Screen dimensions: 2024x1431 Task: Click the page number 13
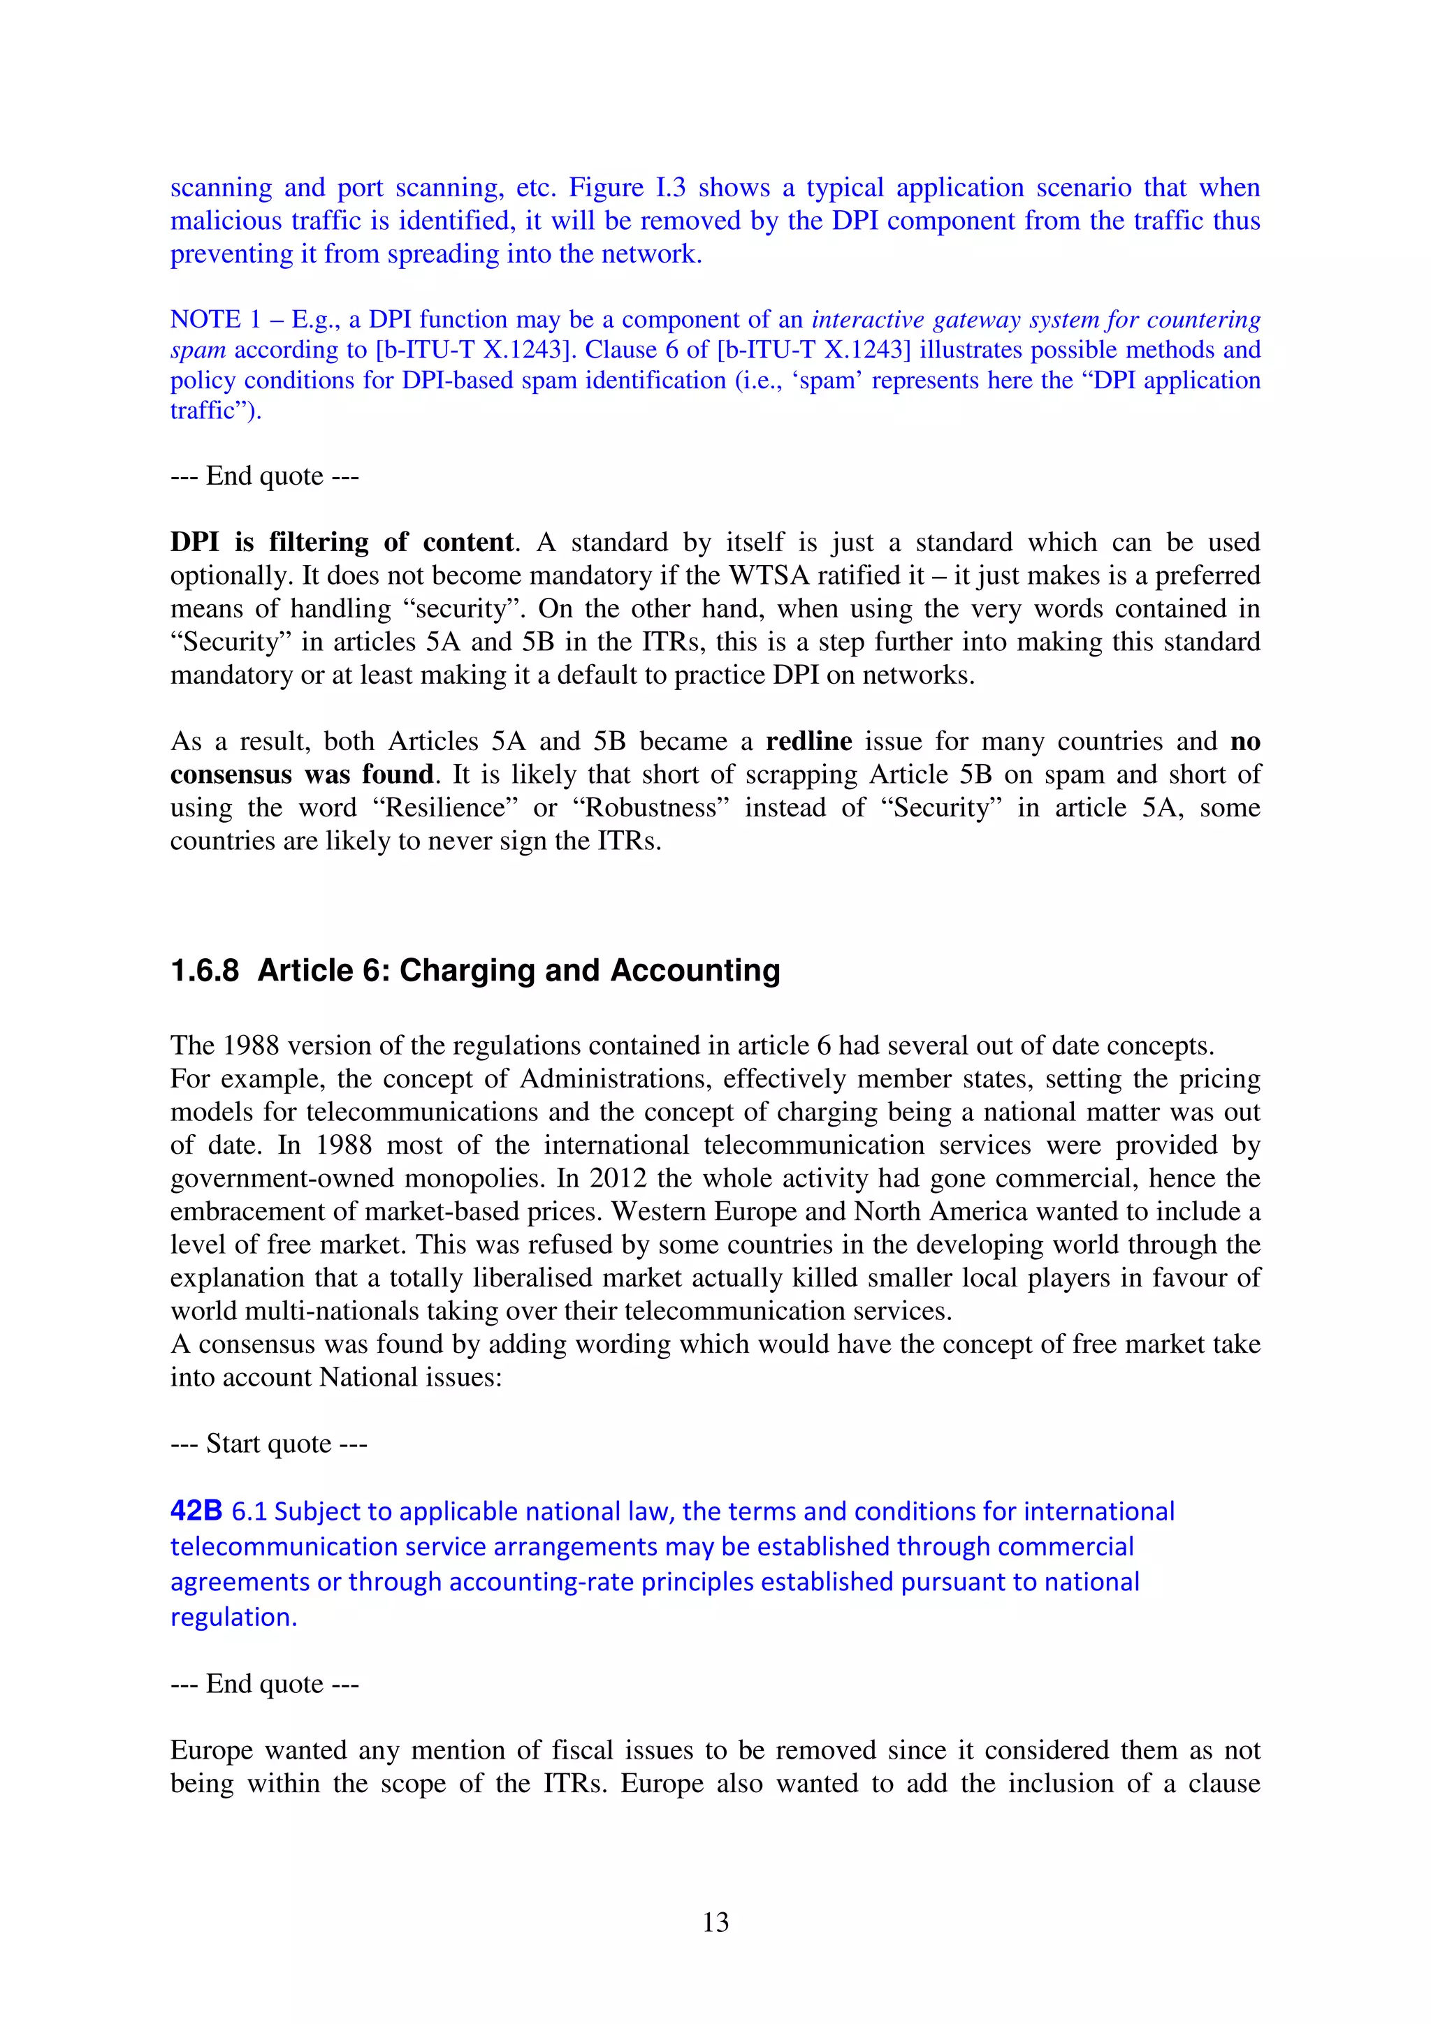coord(715,1923)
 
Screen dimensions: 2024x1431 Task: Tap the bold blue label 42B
coord(196,1511)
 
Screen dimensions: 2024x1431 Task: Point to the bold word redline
coord(808,742)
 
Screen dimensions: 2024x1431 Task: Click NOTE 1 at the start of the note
coord(205,319)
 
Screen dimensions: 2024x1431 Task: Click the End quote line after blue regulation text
coord(265,1684)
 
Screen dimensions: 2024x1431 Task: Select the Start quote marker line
coord(268,1444)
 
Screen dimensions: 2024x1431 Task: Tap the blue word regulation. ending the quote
coord(233,1618)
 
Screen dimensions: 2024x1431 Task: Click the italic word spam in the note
coord(198,350)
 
